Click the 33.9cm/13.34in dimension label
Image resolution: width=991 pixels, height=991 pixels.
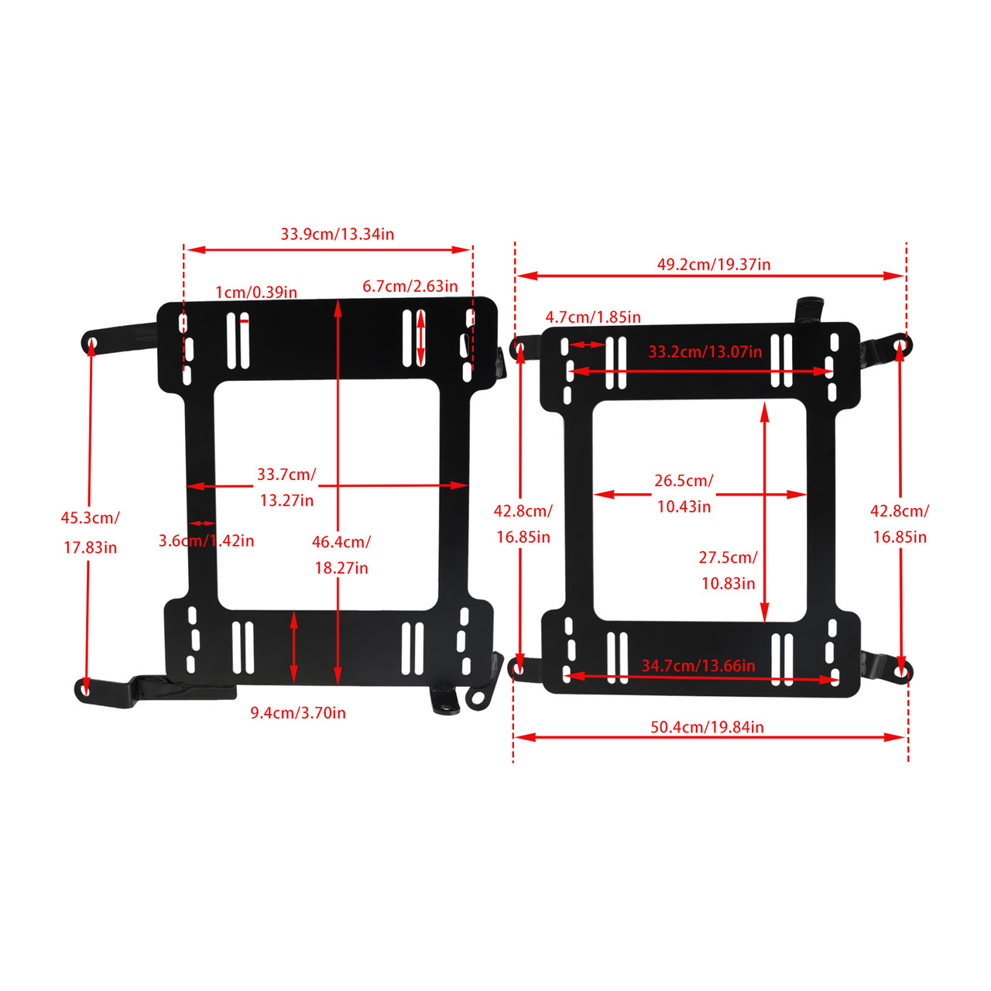(x=337, y=234)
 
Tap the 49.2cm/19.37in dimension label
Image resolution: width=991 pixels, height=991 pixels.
(x=714, y=265)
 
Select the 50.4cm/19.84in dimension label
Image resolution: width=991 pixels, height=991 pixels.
(x=707, y=727)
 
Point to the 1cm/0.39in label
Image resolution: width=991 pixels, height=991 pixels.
(x=256, y=293)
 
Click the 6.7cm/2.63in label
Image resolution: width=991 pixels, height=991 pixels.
(x=410, y=286)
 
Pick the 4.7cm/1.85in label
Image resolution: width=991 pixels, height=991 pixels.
(x=593, y=317)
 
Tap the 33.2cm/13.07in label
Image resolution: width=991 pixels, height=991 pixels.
(x=705, y=352)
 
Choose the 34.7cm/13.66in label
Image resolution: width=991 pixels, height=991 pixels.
(x=698, y=666)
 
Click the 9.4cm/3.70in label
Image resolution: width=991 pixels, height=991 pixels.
(x=298, y=713)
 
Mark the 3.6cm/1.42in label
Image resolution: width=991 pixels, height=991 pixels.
(x=206, y=540)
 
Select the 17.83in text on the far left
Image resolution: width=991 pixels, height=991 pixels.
(x=90, y=548)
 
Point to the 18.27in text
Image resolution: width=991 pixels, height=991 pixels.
(x=341, y=568)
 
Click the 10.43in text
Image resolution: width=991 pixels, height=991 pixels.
(x=684, y=507)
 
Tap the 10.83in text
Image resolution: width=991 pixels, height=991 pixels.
(x=728, y=584)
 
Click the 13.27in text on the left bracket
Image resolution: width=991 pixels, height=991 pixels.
(x=286, y=501)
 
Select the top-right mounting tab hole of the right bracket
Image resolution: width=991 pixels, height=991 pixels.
(x=900, y=341)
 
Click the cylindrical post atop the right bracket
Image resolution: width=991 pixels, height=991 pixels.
(x=808, y=309)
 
